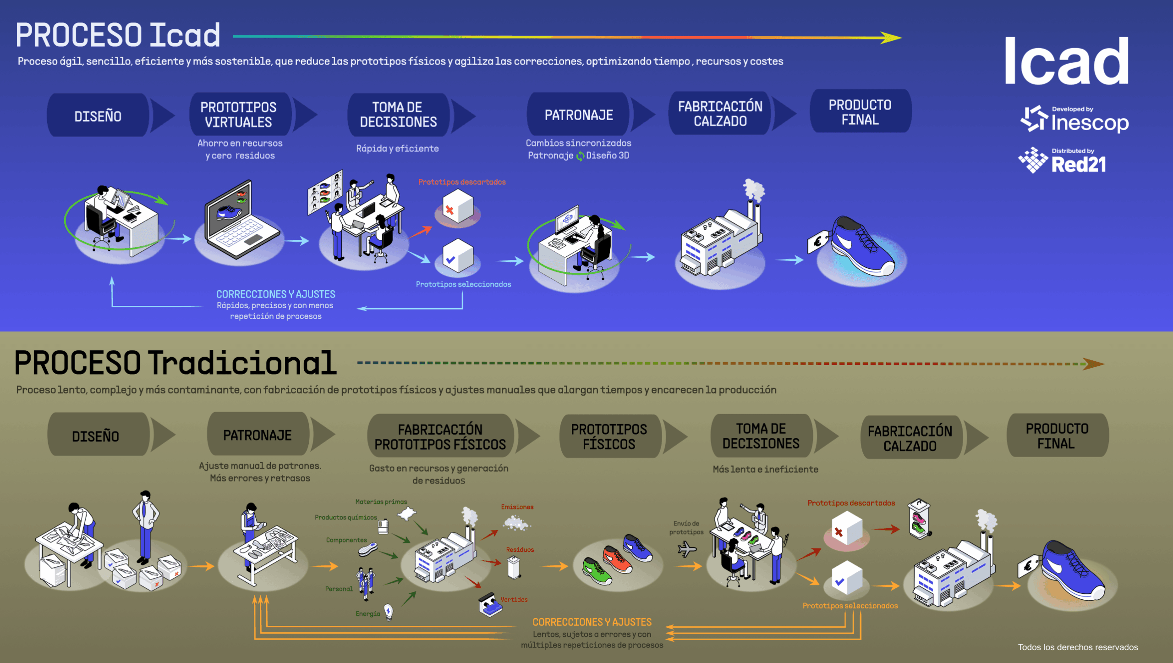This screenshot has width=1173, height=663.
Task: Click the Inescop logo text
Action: tap(1089, 123)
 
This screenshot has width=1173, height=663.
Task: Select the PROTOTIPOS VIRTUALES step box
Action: tap(239, 115)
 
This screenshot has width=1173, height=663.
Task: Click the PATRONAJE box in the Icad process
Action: tap(578, 115)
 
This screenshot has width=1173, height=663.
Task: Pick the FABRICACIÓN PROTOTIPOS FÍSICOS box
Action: tap(440, 436)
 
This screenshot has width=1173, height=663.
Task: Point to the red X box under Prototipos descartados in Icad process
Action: tap(457, 209)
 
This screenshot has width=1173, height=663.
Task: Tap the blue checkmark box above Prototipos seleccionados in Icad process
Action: tap(457, 257)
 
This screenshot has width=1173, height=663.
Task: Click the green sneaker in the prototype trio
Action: tap(597, 571)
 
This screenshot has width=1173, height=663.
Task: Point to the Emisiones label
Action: tap(517, 507)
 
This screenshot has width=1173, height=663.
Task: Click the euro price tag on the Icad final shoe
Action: tap(817, 242)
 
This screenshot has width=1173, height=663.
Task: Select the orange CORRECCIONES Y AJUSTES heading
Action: tap(592, 622)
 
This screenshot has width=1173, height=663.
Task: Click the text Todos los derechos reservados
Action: tap(1078, 647)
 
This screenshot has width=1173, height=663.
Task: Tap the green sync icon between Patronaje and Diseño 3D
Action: tap(580, 156)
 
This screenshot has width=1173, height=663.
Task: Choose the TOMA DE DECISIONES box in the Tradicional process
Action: tap(761, 436)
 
